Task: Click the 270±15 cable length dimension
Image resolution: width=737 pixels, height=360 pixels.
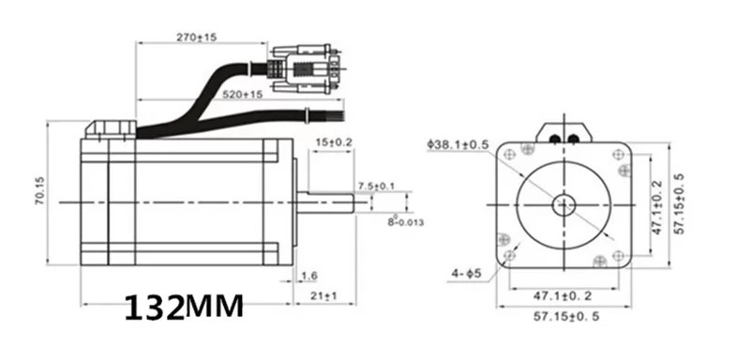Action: point(197,37)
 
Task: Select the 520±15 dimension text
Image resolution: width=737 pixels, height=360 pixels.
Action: point(242,95)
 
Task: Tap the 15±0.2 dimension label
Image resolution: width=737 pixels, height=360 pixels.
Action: point(334,142)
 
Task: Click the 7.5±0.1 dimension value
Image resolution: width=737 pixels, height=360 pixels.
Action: point(377,187)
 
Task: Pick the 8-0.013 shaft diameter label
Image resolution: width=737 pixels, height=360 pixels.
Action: point(405,220)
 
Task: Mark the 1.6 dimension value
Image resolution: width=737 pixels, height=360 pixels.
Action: point(308,276)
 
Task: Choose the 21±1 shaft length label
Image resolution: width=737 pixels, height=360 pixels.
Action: point(323,295)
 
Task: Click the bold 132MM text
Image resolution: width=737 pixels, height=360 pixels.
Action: point(184,307)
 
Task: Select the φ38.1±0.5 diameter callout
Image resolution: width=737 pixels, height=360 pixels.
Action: point(458,144)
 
